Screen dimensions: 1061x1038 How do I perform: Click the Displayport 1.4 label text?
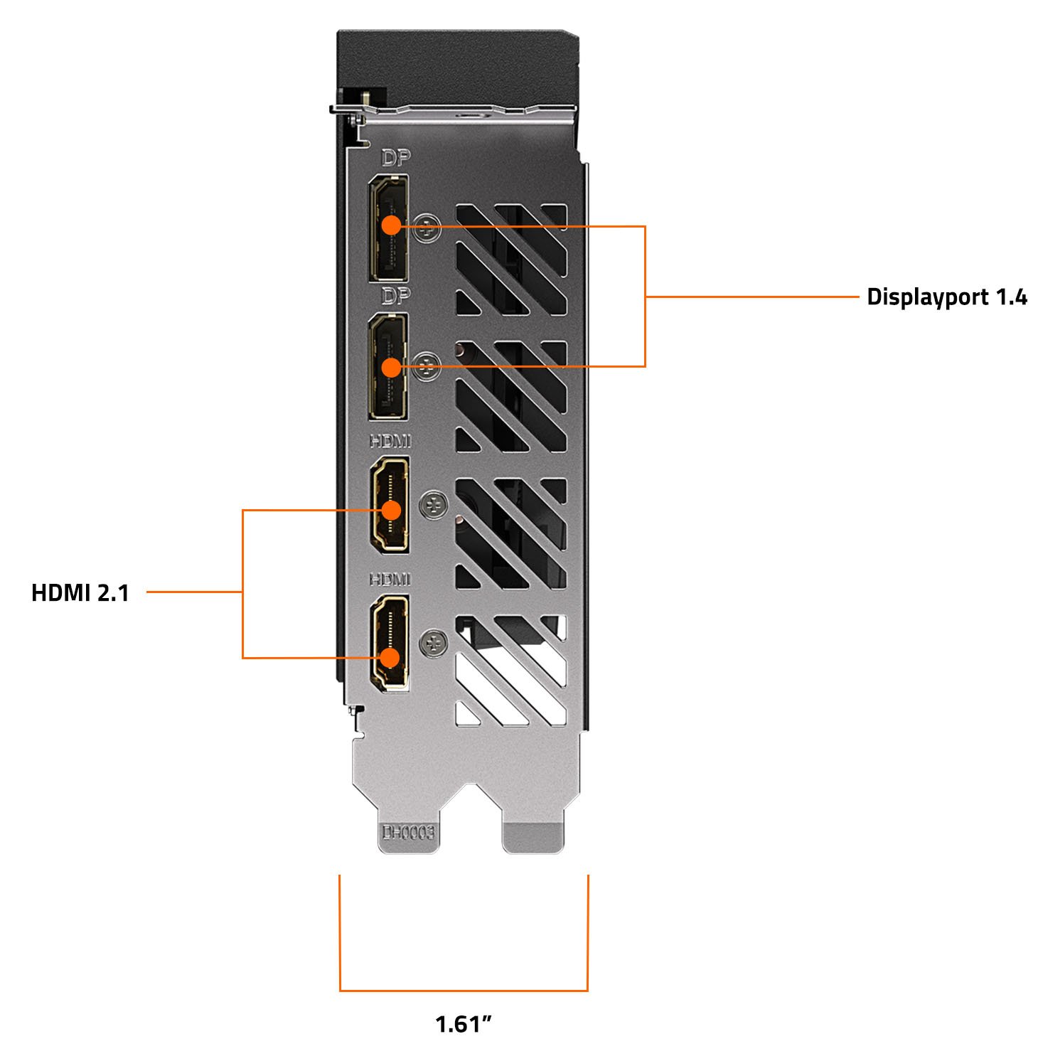[946, 297]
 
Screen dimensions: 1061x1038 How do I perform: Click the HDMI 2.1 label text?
[80, 592]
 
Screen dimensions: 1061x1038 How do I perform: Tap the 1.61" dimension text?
[464, 1025]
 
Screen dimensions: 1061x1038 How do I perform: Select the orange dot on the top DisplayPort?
[391, 225]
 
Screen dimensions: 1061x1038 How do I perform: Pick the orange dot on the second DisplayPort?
[391, 367]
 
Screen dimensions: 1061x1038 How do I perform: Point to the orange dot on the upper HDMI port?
[391, 511]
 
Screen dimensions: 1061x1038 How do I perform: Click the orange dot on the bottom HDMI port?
[390, 657]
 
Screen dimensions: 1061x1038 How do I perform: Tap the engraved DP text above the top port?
[396, 158]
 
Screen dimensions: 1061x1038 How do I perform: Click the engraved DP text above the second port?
[396, 296]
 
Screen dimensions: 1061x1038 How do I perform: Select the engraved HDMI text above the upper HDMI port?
[390, 442]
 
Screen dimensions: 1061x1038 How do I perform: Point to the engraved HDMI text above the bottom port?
[390, 580]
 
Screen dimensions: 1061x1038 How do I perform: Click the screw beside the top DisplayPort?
[427, 229]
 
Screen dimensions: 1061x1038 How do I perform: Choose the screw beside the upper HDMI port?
[434, 506]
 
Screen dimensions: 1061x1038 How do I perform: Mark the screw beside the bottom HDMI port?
[434, 644]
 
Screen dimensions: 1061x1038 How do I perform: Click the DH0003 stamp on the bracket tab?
[408, 832]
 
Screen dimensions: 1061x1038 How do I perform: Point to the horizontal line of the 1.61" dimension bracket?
[464, 990]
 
